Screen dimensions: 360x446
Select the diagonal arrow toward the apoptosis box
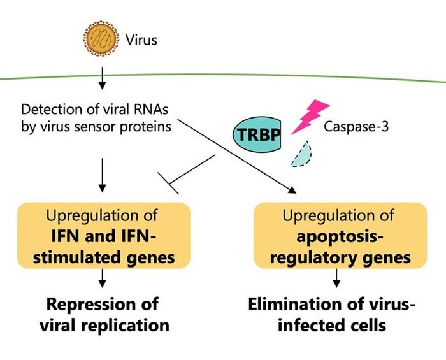point(242,157)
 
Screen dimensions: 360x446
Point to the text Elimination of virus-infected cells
point(335,314)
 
